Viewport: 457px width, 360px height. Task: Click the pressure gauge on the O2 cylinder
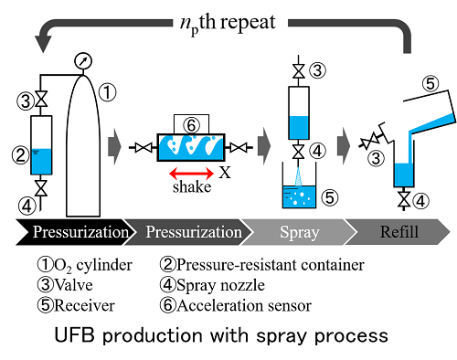pos(83,61)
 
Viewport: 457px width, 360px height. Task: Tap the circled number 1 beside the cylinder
pos(107,92)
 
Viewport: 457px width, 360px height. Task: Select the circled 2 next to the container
pos(20,154)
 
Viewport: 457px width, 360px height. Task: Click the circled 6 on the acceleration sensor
pos(191,125)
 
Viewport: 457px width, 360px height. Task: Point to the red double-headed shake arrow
pos(192,174)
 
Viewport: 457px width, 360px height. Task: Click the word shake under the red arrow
pos(192,187)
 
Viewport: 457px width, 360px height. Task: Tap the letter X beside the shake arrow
pos(225,173)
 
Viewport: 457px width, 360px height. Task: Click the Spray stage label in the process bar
pos(300,232)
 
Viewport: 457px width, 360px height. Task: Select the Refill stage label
pos(399,232)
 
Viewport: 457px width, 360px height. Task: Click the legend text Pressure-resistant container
pos(271,265)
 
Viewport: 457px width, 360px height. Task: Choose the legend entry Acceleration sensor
pos(244,305)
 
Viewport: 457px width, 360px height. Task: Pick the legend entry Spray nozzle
pos(220,285)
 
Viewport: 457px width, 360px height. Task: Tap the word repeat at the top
pos(248,23)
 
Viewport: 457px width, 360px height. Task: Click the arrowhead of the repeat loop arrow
pos(43,44)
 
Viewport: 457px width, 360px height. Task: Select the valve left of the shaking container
pos(143,148)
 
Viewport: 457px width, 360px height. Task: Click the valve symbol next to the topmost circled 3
pos(299,71)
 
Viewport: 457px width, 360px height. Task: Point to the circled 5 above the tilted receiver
pos(430,84)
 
